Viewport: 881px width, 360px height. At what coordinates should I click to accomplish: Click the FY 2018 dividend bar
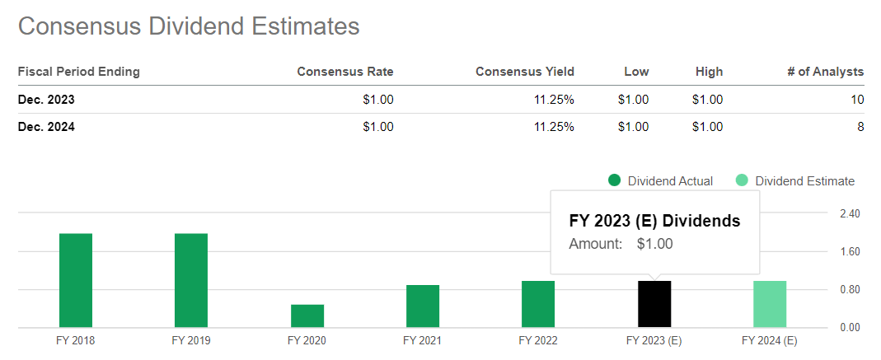click(x=76, y=280)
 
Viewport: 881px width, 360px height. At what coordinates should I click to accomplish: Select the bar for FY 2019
click(x=191, y=280)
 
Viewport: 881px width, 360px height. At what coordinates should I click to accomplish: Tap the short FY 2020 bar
click(x=307, y=316)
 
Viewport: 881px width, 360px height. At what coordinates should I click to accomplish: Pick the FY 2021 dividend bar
click(x=423, y=306)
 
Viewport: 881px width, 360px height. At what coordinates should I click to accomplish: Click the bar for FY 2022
click(x=538, y=304)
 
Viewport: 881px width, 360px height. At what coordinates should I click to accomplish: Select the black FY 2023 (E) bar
click(x=654, y=304)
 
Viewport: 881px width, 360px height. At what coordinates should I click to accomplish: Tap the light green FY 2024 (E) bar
click(x=770, y=304)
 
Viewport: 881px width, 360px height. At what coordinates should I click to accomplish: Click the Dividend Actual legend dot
click(x=614, y=181)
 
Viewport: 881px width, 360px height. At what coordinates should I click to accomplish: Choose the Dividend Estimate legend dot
click(x=742, y=181)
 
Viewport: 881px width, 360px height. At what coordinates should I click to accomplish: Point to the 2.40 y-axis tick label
click(x=849, y=214)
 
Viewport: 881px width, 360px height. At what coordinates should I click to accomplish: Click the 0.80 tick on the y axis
click(x=849, y=290)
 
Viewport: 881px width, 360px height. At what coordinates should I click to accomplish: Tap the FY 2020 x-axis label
click(x=307, y=340)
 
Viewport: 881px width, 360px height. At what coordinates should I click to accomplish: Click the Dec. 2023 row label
click(x=46, y=100)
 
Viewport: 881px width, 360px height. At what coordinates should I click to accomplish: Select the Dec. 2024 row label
click(x=46, y=127)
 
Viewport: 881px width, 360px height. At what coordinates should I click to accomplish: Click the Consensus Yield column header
click(x=525, y=72)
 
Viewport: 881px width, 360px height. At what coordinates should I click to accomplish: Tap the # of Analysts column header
click(x=826, y=72)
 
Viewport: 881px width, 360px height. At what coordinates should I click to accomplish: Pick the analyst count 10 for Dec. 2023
click(x=857, y=100)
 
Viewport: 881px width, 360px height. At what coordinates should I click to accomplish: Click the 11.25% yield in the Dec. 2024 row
click(x=553, y=127)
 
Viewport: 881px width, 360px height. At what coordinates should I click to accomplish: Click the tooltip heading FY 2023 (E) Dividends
click(x=654, y=222)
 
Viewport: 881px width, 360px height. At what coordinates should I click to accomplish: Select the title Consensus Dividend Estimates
click(x=189, y=26)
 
